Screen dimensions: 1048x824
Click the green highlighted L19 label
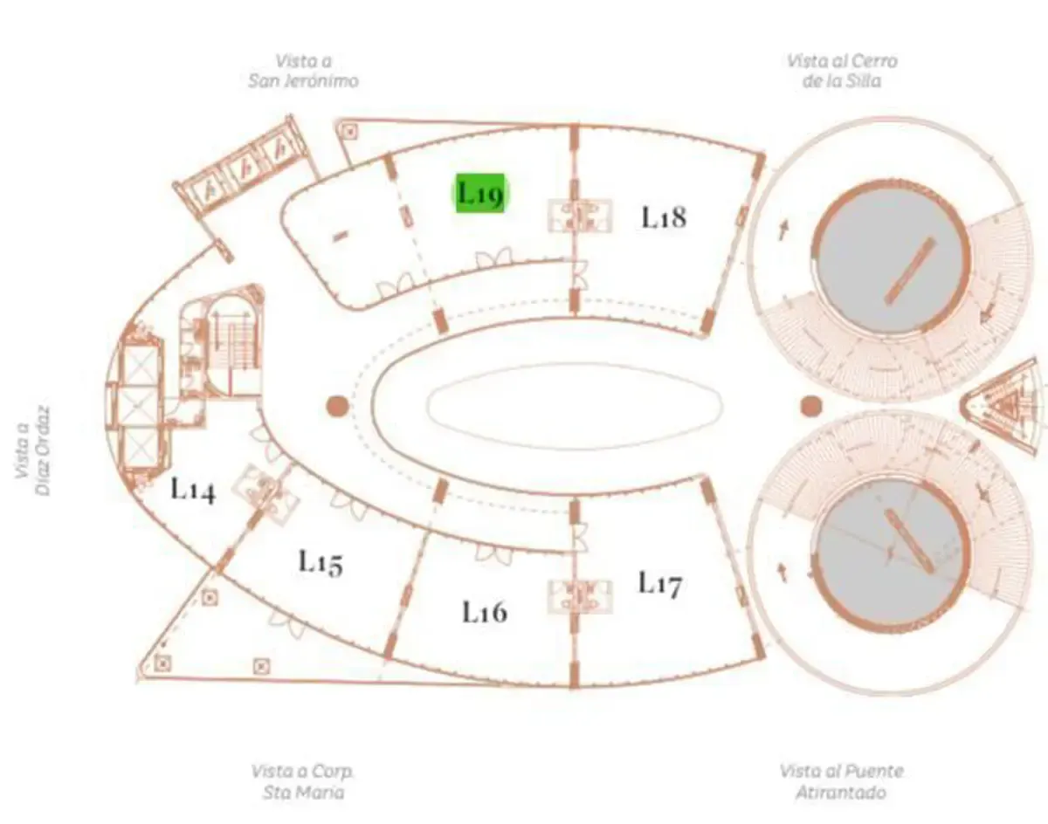coord(479,193)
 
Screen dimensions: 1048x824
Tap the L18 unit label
coord(664,217)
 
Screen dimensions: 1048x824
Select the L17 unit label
coord(660,584)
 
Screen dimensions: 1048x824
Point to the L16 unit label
coord(485,612)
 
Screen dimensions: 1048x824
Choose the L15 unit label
coord(321,563)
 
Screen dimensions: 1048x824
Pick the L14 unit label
coord(193,489)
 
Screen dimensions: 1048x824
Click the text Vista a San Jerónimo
coord(303,71)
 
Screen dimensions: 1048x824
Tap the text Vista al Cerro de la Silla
coord(842,71)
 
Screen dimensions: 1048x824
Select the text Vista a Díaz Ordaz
coord(32,450)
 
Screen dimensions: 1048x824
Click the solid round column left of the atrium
coord(337,407)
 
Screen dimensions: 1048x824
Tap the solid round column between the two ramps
coord(810,407)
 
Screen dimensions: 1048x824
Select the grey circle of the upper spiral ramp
coord(893,257)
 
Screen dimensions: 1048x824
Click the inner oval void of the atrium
coord(575,407)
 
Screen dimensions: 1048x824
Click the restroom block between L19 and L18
coord(580,215)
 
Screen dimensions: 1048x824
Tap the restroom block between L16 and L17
coord(580,596)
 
